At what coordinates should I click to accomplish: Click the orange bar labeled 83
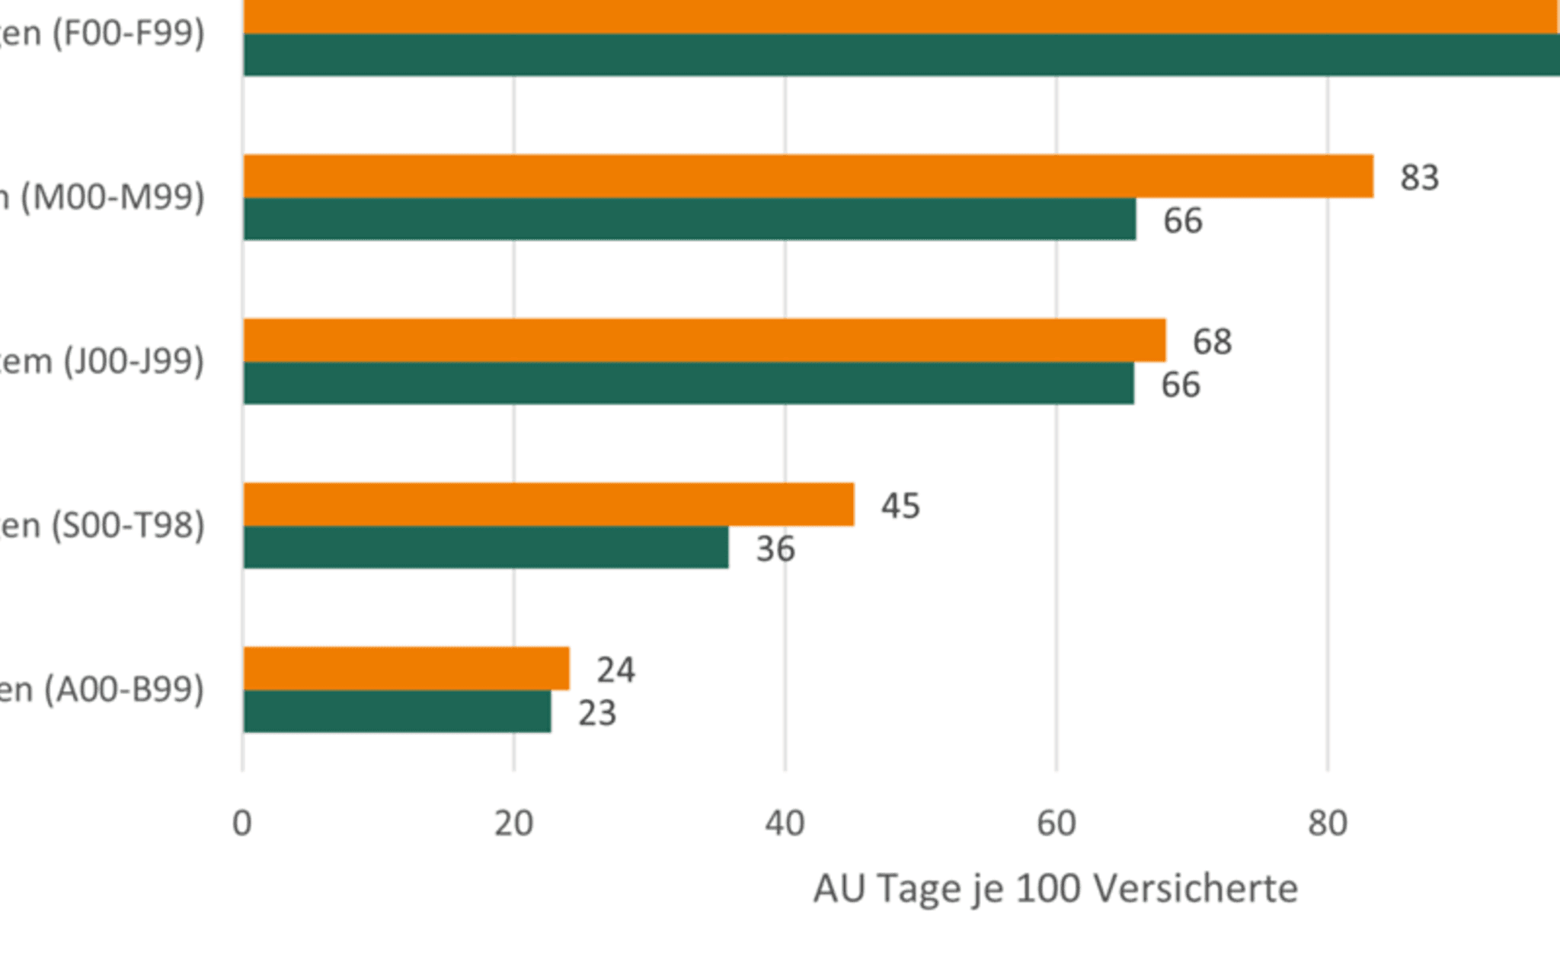click(807, 176)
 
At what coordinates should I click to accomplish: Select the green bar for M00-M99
click(689, 219)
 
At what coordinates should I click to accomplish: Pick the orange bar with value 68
click(705, 340)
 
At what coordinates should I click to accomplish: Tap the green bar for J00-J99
click(688, 383)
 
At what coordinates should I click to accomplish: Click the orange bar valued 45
click(548, 504)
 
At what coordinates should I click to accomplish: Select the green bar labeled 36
click(486, 547)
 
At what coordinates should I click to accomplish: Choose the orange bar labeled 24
click(406, 668)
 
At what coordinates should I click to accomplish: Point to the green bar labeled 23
click(397, 711)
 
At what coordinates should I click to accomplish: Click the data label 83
click(1419, 177)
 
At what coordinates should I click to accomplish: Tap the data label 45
click(900, 506)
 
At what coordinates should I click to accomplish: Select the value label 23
click(597, 714)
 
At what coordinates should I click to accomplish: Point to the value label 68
click(1212, 341)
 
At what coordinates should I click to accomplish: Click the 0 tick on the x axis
click(242, 823)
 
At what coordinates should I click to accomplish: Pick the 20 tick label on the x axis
click(513, 823)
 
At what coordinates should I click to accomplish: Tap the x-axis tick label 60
click(1056, 823)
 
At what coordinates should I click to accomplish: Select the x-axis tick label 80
click(1328, 823)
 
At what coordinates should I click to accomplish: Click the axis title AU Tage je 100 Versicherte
click(1055, 889)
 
